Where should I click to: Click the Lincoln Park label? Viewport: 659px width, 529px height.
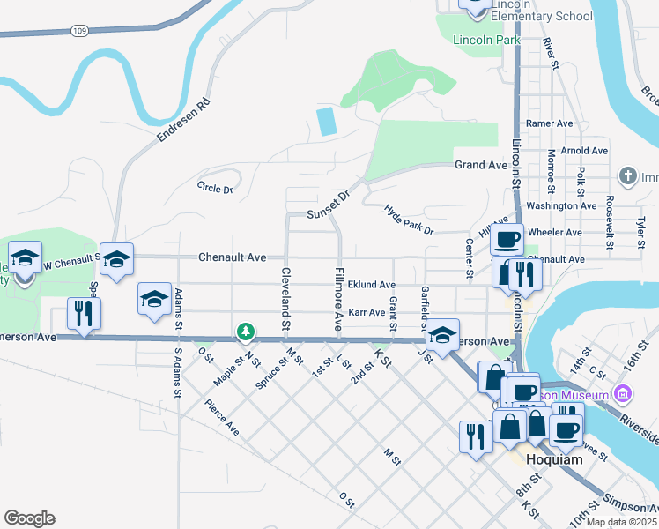pos(485,40)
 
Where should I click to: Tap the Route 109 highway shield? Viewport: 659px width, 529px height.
pos(79,31)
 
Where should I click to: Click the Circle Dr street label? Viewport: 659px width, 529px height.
pos(215,188)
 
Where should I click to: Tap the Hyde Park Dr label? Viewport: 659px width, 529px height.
pos(410,220)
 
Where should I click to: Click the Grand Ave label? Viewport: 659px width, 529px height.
pos(481,165)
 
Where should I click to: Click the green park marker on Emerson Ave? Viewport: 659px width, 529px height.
pos(246,333)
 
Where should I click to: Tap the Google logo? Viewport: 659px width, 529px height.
pos(29,518)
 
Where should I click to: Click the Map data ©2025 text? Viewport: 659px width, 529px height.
pos(616,522)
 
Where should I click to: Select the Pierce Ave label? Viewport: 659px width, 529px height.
pos(222,416)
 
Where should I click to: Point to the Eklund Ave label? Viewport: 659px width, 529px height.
pos(371,285)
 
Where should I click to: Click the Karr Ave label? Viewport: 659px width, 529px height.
pos(367,312)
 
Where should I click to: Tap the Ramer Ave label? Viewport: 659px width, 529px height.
pos(550,123)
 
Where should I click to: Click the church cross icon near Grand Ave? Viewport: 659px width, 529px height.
pos(628,176)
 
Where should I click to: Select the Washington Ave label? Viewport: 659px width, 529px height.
pos(561,205)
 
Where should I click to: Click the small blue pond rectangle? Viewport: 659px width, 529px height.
pos(327,121)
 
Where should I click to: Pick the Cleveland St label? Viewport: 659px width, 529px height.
pos(285,299)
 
